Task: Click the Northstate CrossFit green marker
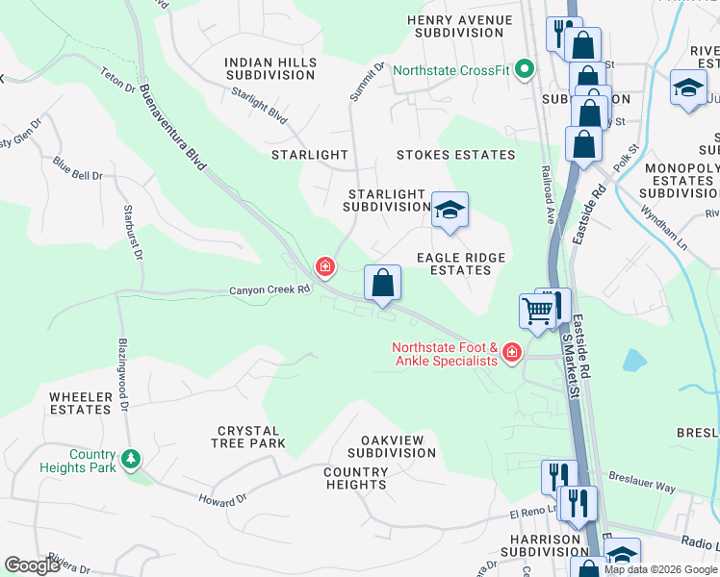[525, 69]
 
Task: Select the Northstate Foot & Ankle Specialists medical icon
[511, 353]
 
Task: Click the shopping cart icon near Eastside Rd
[537, 310]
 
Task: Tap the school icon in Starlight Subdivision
[449, 211]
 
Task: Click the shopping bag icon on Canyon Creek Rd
[382, 283]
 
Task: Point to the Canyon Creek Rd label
[270, 289]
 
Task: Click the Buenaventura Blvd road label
[172, 127]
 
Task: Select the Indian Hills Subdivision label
[270, 68]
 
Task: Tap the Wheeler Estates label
[80, 403]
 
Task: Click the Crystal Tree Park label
[248, 438]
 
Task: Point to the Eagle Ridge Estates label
[460, 263]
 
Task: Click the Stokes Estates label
[455, 155]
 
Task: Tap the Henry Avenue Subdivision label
[456, 26]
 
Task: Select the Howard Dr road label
[222, 500]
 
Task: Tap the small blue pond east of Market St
[633, 361]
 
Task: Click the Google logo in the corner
[32, 565]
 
